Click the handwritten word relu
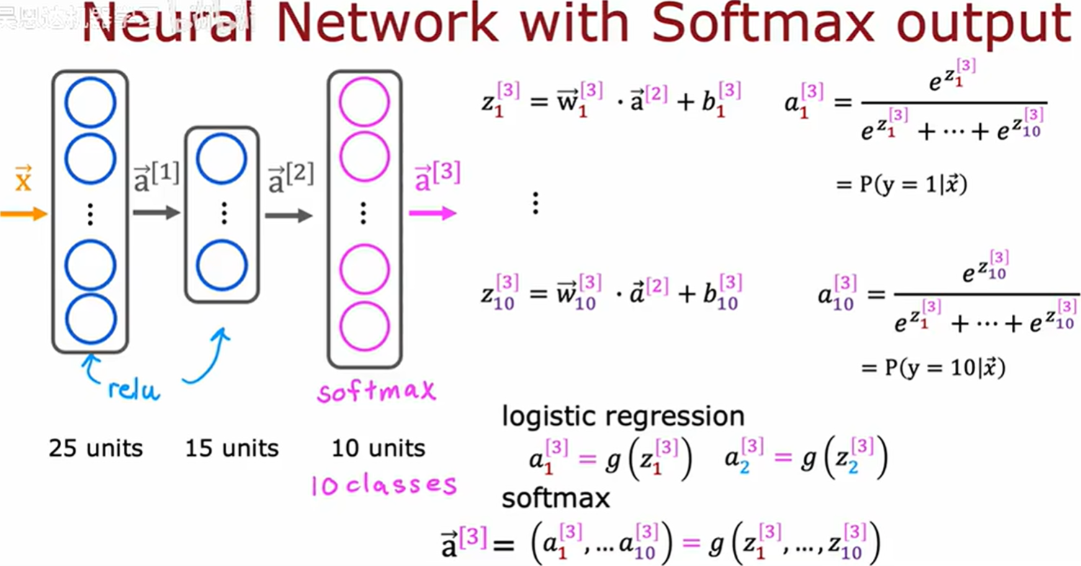click(134, 388)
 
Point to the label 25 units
click(96, 449)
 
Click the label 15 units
click(232, 449)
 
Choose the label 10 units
click(379, 449)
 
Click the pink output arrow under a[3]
click(433, 213)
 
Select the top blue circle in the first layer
click(91, 103)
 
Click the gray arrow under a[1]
click(156, 212)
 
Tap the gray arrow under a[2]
click(289, 215)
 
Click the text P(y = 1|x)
click(901, 184)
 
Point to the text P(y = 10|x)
click(933, 368)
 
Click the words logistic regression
click(623, 416)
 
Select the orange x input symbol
click(24, 179)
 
